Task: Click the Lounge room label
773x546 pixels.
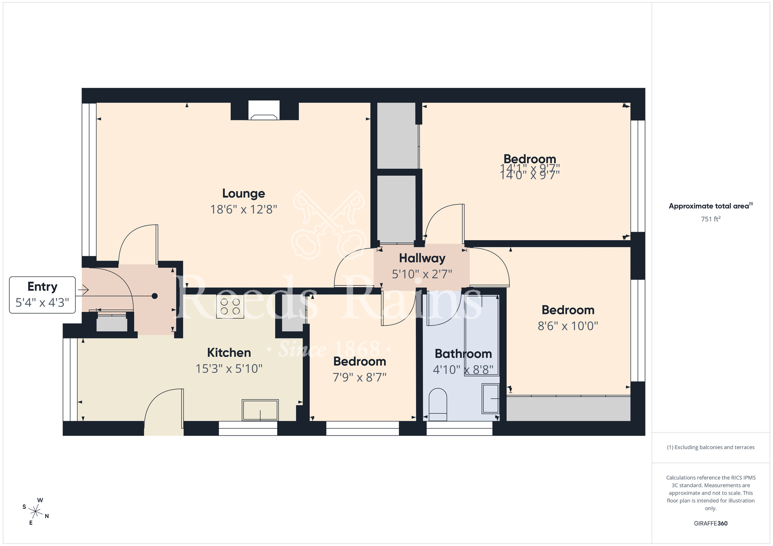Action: click(x=243, y=193)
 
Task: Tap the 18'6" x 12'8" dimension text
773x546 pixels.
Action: click(x=243, y=210)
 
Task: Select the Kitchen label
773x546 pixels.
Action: click(x=229, y=353)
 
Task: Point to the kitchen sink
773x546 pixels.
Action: click(x=260, y=410)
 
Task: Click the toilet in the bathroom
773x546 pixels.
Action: click(x=438, y=405)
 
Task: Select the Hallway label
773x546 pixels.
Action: click(x=422, y=258)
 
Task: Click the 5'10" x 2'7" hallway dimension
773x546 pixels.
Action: click(x=422, y=274)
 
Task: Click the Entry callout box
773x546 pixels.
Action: click(x=42, y=295)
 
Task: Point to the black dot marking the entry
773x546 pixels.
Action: click(x=155, y=296)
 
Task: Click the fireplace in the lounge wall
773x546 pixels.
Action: click(x=264, y=111)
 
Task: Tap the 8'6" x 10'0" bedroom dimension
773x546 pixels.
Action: click(x=568, y=326)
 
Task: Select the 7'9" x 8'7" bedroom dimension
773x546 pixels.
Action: click(x=359, y=377)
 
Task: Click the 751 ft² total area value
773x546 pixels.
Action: click(x=710, y=219)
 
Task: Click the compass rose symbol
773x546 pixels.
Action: click(x=36, y=512)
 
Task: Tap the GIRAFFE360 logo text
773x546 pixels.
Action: click(x=710, y=524)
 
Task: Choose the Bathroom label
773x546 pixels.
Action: click(x=463, y=354)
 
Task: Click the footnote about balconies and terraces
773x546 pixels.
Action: click(x=710, y=447)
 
